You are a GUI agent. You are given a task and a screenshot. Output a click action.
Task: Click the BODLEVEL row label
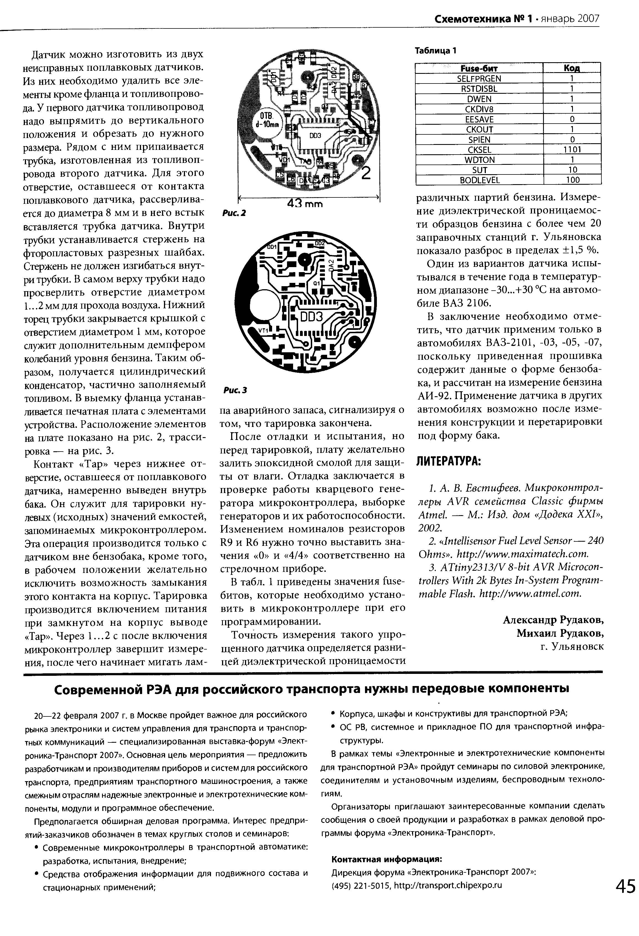[479, 180]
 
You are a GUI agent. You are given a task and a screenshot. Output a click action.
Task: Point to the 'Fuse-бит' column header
[479, 68]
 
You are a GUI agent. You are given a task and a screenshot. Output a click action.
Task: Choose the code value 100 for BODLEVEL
[572, 180]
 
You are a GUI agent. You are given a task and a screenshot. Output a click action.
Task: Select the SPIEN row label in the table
[479, 140]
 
